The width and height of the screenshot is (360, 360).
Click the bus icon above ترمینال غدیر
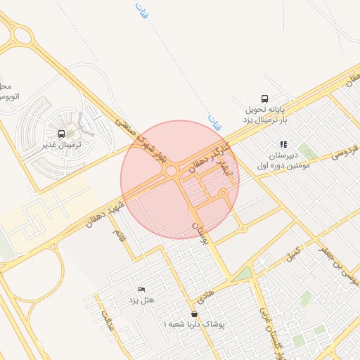(62, 134)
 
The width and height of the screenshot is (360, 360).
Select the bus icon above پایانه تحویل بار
(264, 98)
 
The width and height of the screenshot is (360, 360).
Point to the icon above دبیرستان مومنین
(283, 144)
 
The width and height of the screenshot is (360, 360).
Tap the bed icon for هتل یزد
(141, 289)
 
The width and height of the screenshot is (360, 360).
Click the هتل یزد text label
(141, 300)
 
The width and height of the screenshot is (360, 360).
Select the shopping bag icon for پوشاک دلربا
(194, 314)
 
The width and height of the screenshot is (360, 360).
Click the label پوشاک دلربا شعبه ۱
(193, 325)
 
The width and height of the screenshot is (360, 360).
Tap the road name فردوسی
(341, 152)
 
